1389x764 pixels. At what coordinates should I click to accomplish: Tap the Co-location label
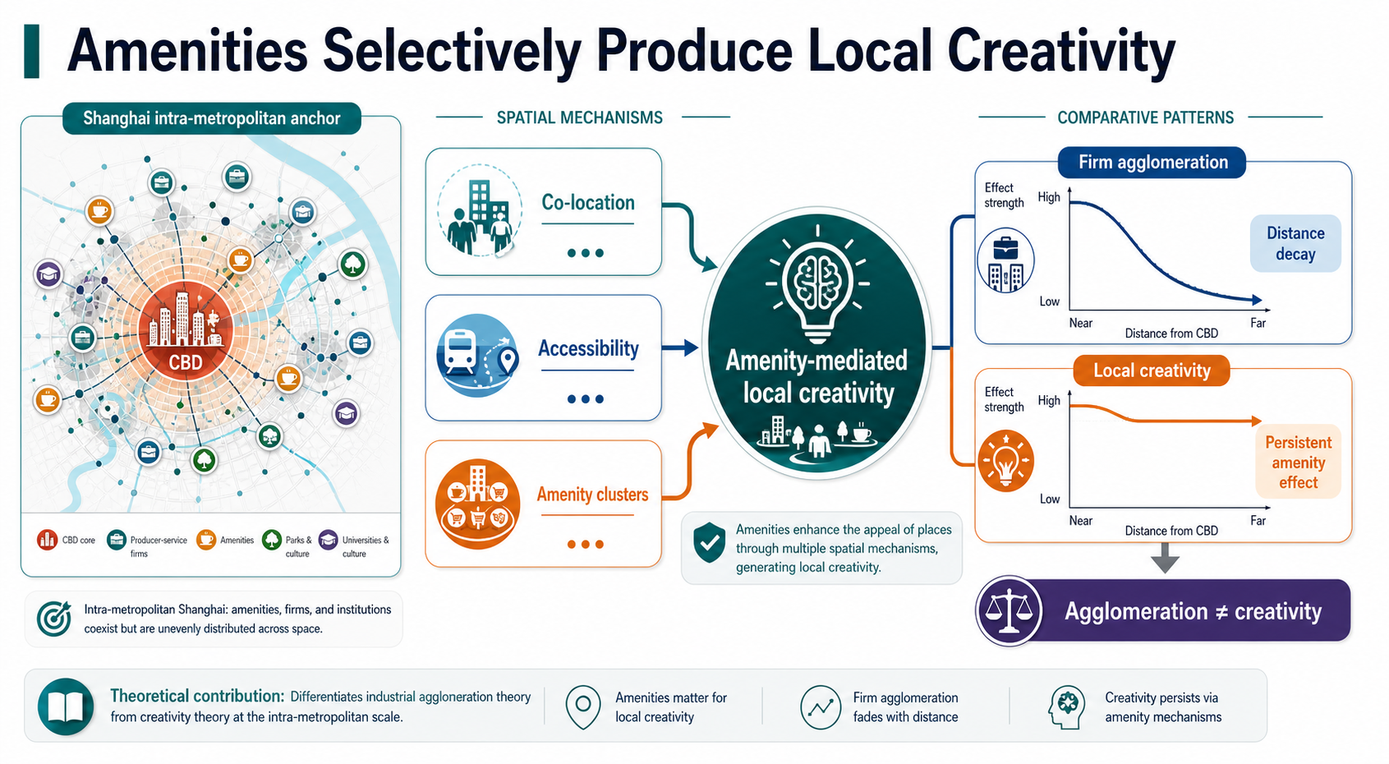click(588, 202)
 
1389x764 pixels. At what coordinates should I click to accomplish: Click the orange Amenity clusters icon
click(477, 504)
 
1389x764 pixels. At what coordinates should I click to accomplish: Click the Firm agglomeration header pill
click(1152, 163)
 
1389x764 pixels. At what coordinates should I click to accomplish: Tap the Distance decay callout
click(1295, 244)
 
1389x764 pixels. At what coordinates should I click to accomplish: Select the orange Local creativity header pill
click(1152, 370)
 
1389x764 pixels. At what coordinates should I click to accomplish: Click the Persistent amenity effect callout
click(1298, 462)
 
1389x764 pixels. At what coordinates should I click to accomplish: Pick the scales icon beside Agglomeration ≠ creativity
click(1010, 611)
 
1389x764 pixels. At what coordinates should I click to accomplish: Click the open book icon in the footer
click(66, 706)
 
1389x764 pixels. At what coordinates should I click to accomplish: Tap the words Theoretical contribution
click(197, 696)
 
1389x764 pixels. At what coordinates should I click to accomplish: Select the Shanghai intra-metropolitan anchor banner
click(211, 118)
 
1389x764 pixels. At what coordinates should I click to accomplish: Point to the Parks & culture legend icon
click(272, 540)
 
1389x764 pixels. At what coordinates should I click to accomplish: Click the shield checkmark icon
click(710, 542)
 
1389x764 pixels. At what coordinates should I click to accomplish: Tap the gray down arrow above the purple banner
click(1165, 558)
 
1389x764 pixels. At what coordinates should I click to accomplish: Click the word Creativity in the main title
click(1061, 52)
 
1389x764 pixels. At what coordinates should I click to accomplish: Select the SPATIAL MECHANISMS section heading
click(580, 117)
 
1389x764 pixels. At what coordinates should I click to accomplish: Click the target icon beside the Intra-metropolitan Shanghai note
click(53, 619)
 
